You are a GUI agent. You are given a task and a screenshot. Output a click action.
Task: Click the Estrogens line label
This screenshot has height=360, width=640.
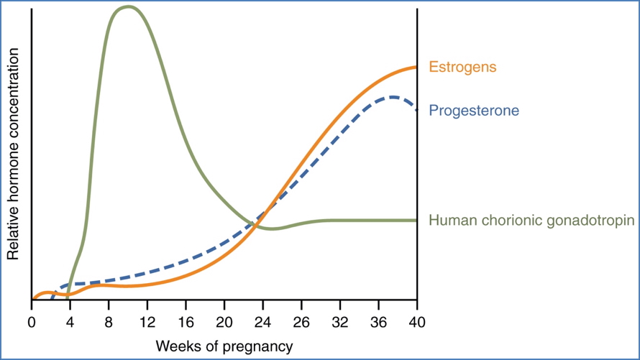coord(462,67)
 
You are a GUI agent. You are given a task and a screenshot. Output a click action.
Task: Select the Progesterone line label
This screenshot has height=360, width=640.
coord(473,111)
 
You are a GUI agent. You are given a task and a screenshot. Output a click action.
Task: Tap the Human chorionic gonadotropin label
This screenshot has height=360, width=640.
coord(531,221)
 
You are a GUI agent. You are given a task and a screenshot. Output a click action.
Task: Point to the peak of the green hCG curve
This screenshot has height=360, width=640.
coord(128,6)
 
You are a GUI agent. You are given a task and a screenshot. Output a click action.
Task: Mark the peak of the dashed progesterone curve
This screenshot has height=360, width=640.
coord(393,96)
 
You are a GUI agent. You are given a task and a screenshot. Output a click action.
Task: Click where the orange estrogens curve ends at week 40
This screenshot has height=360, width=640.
coord(416,67)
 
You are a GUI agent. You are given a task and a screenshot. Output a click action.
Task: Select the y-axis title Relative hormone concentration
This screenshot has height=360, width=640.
coord(12,154)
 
